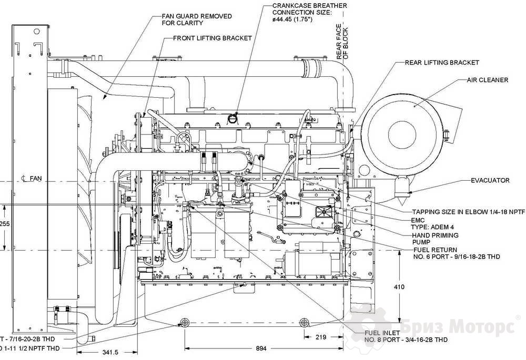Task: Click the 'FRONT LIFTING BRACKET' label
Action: tap(213, 38)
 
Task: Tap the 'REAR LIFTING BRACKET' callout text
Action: tap(442, 63)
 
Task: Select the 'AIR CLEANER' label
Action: tap(488, 80)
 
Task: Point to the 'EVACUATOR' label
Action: tap(490, 180)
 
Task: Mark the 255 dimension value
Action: tap(5, 223)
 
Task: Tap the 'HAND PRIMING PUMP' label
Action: tap(434, 239)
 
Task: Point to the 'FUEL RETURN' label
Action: tap(434, 250)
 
